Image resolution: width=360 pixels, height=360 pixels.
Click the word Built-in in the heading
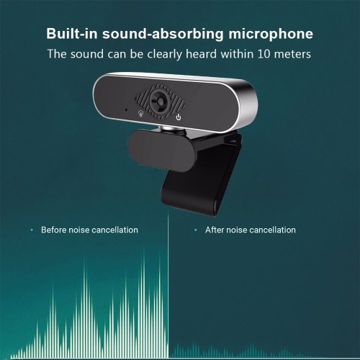72,33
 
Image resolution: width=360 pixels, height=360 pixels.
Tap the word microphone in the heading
271,34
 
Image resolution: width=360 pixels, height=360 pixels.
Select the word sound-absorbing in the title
163,34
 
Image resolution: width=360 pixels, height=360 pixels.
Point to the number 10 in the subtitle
264,54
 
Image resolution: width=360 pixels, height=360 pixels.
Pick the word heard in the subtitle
201,54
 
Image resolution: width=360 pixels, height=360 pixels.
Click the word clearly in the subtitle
165,54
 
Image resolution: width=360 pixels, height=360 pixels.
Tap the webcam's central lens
161,101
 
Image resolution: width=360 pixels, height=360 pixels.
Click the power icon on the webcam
179,117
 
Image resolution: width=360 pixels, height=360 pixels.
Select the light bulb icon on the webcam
141,113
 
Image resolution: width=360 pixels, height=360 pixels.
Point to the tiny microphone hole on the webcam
126,109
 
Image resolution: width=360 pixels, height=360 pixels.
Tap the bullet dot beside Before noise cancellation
32,230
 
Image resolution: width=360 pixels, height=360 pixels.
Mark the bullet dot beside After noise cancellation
196,230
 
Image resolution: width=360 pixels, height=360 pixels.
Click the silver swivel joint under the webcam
172,128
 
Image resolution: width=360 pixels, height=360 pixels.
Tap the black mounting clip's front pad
161,150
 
